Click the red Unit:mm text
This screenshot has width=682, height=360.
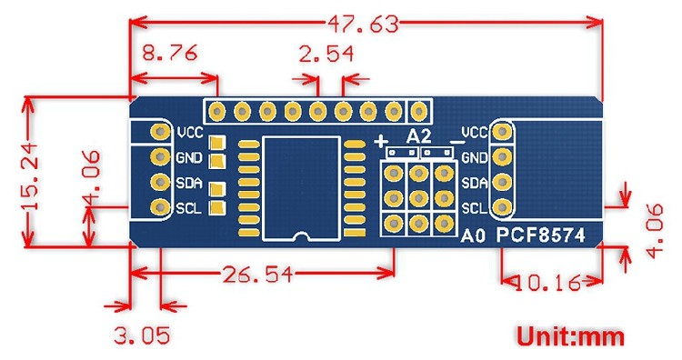[571, 336]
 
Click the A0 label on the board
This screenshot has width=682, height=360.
[470, 236]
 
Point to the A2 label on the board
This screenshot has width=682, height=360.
[418, 136]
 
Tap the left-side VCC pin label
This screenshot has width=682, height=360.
[191, 131]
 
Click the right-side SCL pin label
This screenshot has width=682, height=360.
[475, 209]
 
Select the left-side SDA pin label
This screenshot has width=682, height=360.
[190, 182]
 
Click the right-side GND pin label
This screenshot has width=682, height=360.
[475, 157]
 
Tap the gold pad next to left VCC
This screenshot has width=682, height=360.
[160, 131]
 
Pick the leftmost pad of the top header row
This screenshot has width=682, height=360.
[217, 112]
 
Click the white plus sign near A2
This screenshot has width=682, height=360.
[381, 139]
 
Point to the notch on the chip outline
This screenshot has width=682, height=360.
[301, 236]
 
